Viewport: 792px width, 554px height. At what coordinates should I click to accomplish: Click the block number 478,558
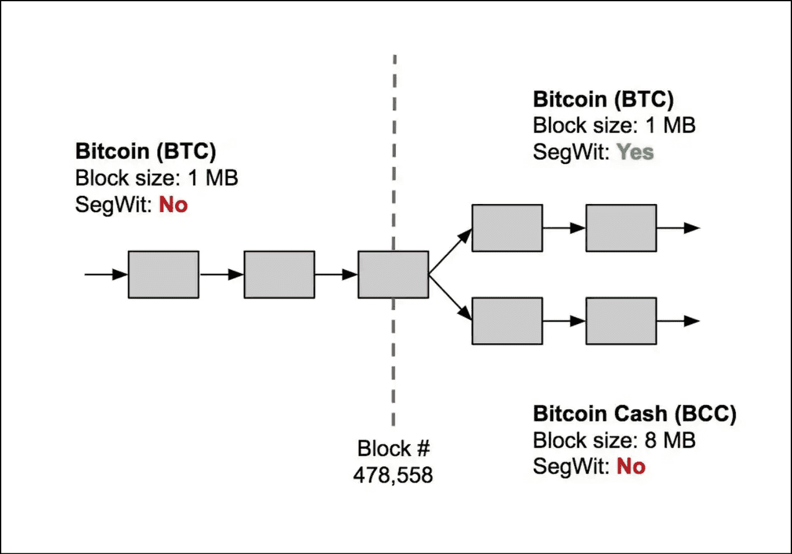[x=393, y=475]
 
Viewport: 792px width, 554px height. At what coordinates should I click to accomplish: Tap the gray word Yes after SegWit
[x=635, y=152]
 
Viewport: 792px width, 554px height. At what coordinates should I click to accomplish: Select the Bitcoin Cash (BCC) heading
[x=635, y=414]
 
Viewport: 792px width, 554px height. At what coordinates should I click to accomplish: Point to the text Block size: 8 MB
[x=614, y=440]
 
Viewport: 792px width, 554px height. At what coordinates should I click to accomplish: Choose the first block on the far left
[x=163, y=275]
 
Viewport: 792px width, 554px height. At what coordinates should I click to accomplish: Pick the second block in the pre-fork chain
[x=279, y=275]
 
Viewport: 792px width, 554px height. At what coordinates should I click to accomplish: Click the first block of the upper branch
[x=507, y=228]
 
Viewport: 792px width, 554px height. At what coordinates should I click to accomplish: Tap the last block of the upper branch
[x=621, y=228]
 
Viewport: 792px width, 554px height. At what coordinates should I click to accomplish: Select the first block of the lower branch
[x=507, y=321]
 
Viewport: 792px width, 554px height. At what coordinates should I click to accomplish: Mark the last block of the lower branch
[x=621, y=321]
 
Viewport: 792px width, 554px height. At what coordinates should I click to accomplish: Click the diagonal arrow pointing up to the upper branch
[x=450, y=251]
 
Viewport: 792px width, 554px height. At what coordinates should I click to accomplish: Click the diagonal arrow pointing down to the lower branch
[x=450, y=298]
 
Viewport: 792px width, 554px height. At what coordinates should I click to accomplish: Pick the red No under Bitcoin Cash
[x=631, y=466]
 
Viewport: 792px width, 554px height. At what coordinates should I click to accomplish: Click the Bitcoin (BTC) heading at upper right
[x=603, y=100]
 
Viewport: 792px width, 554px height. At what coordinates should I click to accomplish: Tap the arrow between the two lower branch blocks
[x=564, y=321]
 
